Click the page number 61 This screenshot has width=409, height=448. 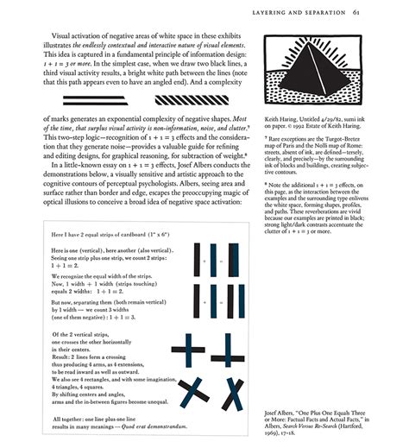[x=381, y=13]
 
